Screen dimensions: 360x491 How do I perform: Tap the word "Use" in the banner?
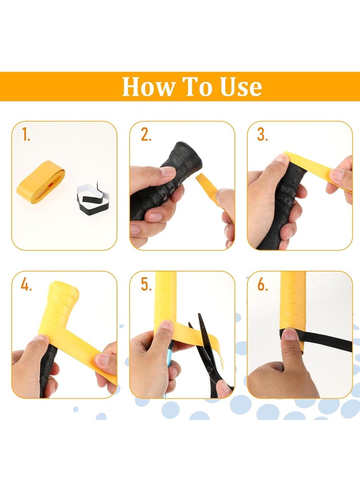(x=241, y=86)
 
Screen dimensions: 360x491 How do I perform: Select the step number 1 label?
(x=26, y=135)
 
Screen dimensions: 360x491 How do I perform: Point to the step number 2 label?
(x=145, y=135)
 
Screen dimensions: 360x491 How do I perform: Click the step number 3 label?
(x=262, y=135)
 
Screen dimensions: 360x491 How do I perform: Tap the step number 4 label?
(x=26, y=284)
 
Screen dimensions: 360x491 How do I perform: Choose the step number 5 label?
(x=146, y=284)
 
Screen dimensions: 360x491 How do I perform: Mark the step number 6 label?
(x=263, y=284)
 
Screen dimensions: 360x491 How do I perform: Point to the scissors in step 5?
(x=207, y=351)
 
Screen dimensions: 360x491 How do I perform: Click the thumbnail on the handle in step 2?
(x=167, y=171)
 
